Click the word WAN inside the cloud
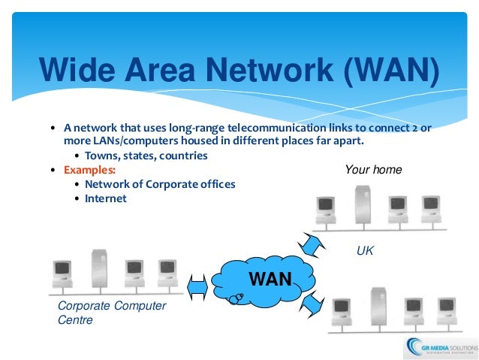tap(270, 280)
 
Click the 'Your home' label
tap(373, 170)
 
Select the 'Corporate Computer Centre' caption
tap(112, 313)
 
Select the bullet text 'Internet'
tap(106, 198)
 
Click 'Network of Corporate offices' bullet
tap(159, 184)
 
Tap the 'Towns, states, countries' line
tap(146, 156)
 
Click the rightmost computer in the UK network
tap(430, 209)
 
